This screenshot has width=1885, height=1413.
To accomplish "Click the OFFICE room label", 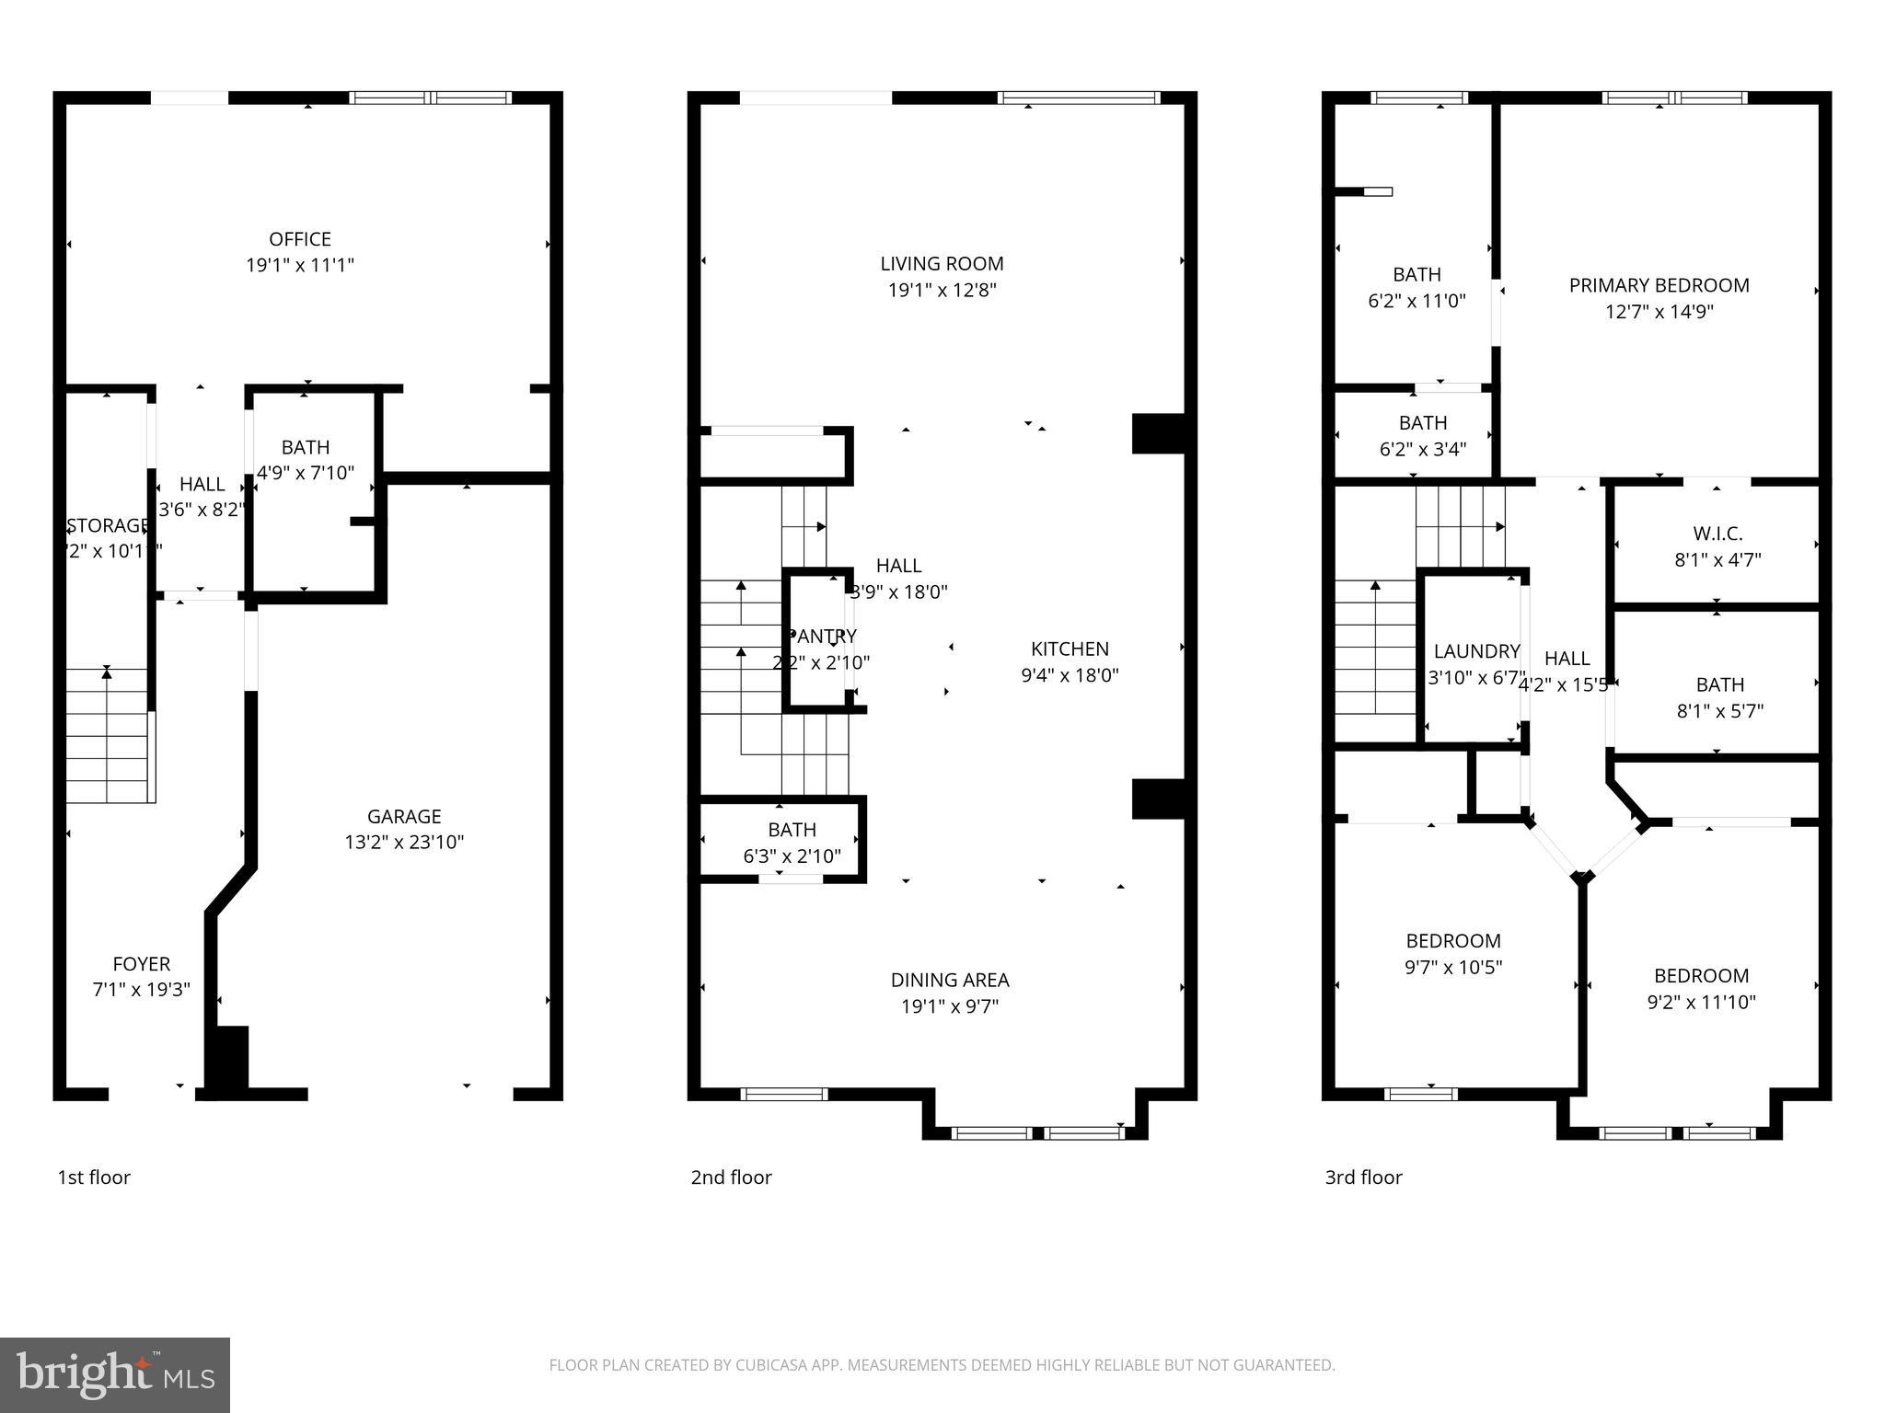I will tap(299, 239).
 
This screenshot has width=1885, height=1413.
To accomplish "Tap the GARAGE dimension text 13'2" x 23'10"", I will tap(404, 842).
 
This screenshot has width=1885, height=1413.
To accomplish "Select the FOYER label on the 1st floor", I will tap(141, 963).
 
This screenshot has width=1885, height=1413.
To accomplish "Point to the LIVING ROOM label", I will tap(942, 263).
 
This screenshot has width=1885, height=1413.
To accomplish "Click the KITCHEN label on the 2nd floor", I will tap(1070, 649).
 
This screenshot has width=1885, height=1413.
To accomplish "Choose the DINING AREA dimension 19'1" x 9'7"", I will tap(949, 1005).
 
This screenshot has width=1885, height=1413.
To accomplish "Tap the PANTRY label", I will tap(822, 636).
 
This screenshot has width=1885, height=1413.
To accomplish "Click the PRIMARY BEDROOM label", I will tap(1659, 285).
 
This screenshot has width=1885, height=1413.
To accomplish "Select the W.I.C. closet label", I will tap(1717, 534).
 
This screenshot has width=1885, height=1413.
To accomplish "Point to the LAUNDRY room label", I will tap(1476, 651).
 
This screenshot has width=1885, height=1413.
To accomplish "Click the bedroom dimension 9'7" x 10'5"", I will tap(1453, 967).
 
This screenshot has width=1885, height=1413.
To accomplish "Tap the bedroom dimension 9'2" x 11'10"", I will tap(1701, 1002).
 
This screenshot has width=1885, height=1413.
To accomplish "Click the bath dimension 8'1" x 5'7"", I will tap(1719, 710).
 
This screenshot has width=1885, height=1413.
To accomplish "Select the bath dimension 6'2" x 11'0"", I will tap(1417, 300).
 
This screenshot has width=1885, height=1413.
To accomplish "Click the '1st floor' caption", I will tap(94, 1177).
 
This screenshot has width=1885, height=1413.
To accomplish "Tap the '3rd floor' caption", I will tap(1363, 1177).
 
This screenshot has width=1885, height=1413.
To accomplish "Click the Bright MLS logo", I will tap(115, 1375).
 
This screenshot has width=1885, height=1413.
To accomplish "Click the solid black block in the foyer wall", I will tap(228, 1058).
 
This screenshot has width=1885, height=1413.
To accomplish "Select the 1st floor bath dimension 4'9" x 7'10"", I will tap(305, 473).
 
